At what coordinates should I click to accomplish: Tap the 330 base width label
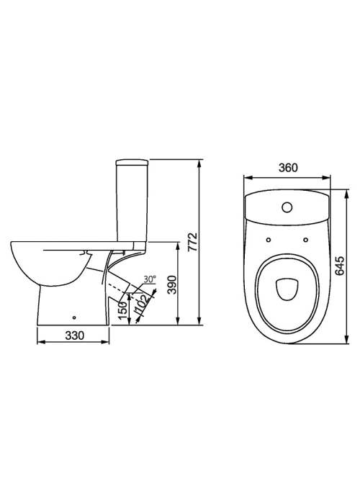[75, 336]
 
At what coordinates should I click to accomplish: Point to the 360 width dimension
[288, 168]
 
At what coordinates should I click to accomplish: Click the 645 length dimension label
[339, 266]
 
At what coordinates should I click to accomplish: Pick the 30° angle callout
[150, 279]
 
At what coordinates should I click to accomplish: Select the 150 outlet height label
[123, 310]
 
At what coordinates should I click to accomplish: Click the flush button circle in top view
[287, 207]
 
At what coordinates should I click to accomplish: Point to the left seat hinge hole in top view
[269, 240]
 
